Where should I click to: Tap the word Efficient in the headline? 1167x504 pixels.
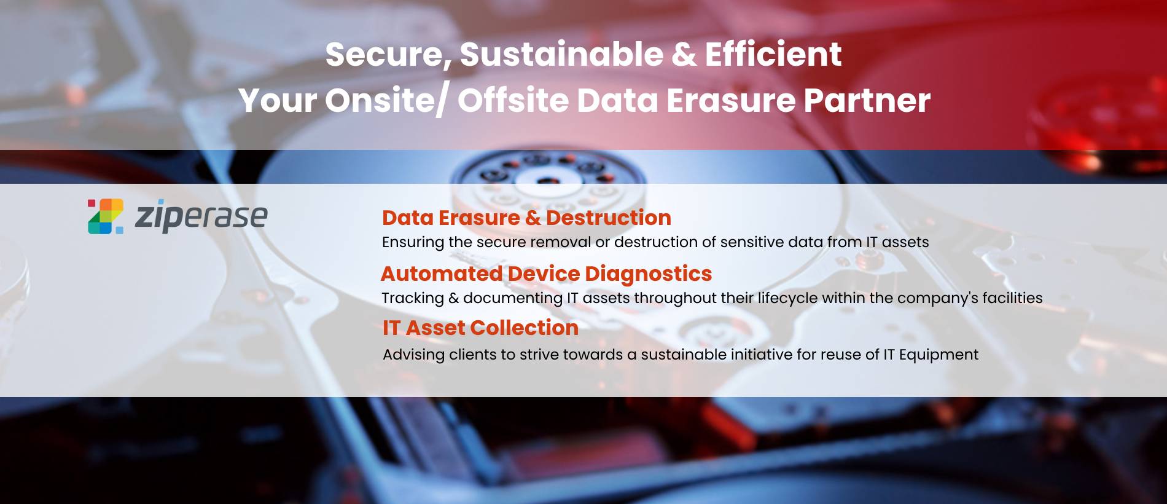point(773,53)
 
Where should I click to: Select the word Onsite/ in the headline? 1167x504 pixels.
point(386,101)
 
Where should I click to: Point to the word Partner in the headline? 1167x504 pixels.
point(867,100)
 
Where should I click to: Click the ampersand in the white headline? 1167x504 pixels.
point(684,54)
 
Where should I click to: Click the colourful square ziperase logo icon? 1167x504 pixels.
point(105,216)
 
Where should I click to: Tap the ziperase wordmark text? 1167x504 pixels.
point(201,216)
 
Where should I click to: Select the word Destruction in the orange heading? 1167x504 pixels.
point(608,218)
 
